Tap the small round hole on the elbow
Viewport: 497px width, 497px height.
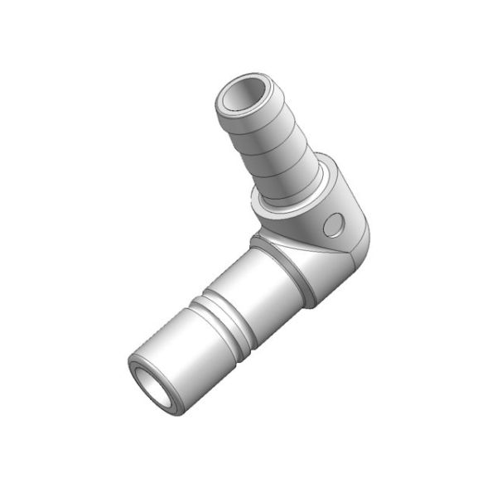pyautogui.click(x=334, y=224)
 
